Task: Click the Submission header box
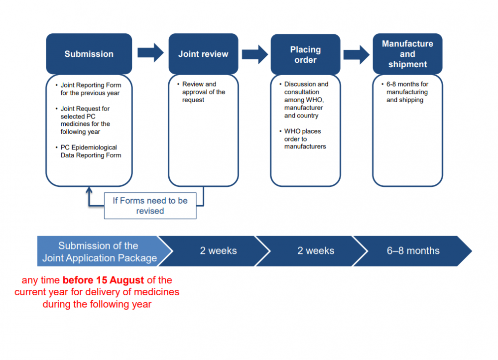pos(89,54)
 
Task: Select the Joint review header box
pos(203,54)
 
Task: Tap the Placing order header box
pos(305,54)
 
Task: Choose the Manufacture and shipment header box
pos(407,54)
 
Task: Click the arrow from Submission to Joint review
pos(150,53)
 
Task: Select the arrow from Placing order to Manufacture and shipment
pos(357,54)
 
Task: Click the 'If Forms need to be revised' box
pos(150,206)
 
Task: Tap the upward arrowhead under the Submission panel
pos(89,190)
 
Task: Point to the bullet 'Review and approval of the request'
pos(203,92)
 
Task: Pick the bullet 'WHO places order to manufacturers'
pos(305,139)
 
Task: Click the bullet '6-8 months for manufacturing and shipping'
pos(407,92)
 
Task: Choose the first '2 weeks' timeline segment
pos(218,251)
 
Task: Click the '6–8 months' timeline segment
pos(413,251)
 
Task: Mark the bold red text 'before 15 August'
pos(103,280)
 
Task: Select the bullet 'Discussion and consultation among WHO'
pos(305,100)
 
